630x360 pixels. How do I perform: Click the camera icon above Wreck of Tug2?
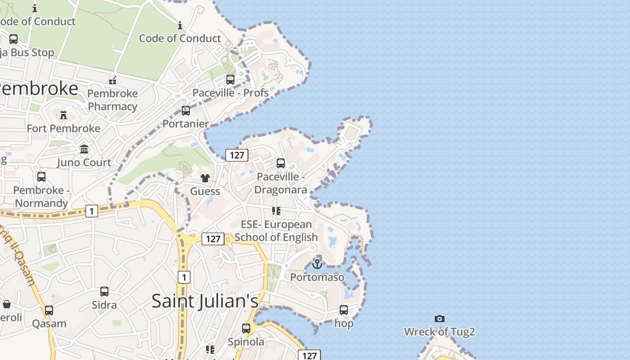pyautogui.click(x=440, y=319)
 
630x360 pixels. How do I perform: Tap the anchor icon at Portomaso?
pyautogui.click(x=317, y=264)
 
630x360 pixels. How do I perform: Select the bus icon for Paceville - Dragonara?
pyautogui.click(x=281, y=163)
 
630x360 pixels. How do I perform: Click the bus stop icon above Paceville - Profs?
pyautogui.click(x=230, y=80)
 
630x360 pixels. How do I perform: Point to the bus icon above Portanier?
pyautogui.click(x=185, y=111)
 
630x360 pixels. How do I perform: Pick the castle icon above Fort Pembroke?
pyautogui.click(x=63, y=115)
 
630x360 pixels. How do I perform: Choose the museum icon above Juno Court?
pyautogui.click(x=84, y=149)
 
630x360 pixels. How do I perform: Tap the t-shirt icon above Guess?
pyautogui.click(x=205, y=178)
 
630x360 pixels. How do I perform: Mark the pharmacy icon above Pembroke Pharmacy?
pyautogui.click(x=112, y=81)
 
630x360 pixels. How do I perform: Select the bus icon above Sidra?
pyautogui.click(x=104, y=292)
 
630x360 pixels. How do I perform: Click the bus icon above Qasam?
pyautogui.click(x=49, y=310)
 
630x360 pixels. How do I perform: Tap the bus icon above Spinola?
pyautogui.click(x=246, y=328)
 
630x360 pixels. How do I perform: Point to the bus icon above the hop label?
pyautogui.click(x=344, y=310)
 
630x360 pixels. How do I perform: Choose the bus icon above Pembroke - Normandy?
pyautogui.click(x=41, y=177)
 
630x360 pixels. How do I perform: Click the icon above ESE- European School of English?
pyautogui.click(x=276, y=211)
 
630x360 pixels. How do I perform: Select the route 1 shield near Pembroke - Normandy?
pyautogui.click(x=92, y=211)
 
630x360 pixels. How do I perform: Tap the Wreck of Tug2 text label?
pyautogui.click(x=440, y=332)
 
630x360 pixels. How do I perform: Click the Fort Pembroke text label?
pyautogui.click(x=63, y=129)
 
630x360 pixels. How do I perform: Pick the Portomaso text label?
pyautogui.click(x=317, y=277)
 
